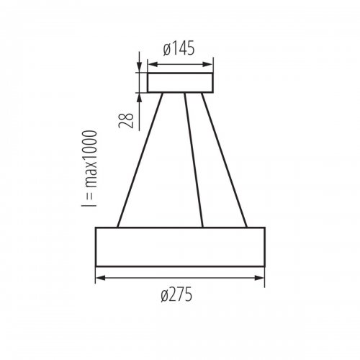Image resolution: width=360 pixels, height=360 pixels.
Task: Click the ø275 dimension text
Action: click(x=180, y=294)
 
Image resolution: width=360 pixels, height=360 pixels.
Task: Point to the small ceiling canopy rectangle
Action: click(x=180, y=82)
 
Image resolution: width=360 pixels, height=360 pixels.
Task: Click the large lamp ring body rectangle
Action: click(x=180, y=246)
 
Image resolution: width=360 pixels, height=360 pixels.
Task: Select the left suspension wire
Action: click(x=140, y=160)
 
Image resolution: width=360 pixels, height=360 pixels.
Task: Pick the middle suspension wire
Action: click(x=193, y=160)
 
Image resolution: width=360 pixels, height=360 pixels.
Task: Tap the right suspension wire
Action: click(x=223, y=160)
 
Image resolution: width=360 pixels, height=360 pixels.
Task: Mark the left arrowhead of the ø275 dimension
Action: click(x=99, y=278)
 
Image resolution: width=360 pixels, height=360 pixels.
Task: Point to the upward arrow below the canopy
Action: click(x=139, y=98)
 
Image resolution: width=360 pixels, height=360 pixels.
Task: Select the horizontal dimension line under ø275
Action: click(x=180, y=278)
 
